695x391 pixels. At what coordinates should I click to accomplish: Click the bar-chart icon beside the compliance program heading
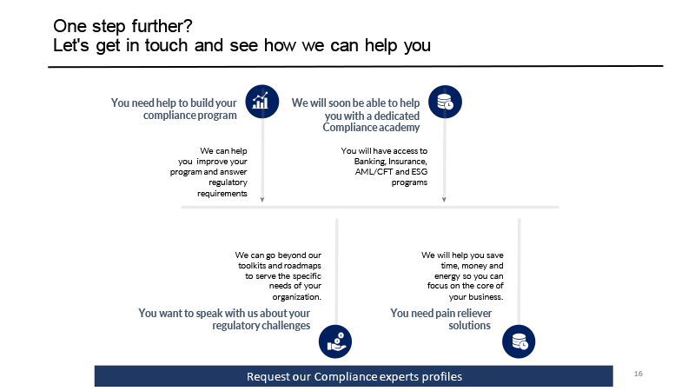tap(262, 102)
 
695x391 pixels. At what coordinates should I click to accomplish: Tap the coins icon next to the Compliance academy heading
tap(445, 102)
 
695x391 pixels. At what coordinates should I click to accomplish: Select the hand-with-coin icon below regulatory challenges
tap(335, 341)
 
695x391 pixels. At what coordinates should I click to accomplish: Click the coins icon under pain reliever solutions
tap(519, 341)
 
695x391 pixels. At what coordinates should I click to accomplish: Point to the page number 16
tap(639, 374)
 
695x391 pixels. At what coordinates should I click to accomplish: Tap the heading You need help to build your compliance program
tap(174, 109)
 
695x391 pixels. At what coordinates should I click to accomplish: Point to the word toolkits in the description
tap(252, 266)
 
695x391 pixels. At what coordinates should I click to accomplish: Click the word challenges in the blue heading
tap(286, 325)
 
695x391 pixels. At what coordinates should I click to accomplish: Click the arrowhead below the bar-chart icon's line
tap(262, 200)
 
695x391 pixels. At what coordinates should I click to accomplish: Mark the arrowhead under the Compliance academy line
tap(444, 200)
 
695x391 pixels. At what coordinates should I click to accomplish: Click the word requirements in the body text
tap(222, 193)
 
